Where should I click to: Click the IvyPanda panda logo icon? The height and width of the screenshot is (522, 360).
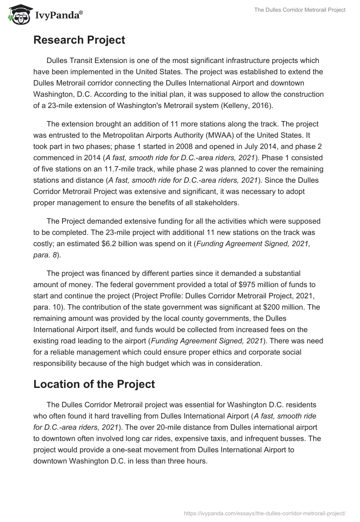coord(17,14)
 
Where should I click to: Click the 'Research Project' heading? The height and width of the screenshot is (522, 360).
coord(79,40)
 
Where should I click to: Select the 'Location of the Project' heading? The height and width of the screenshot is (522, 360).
coord(94,384)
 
